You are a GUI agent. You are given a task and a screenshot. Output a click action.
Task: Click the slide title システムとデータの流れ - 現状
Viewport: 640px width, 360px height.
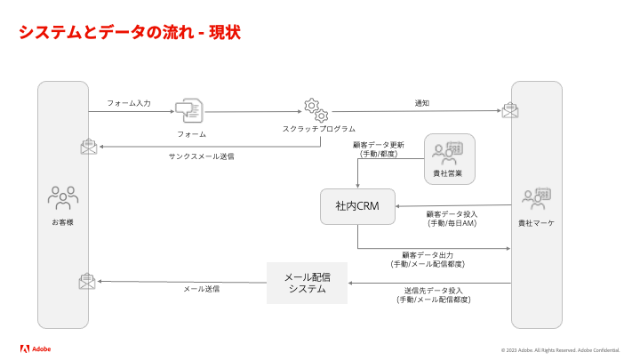click(x=130, y=33)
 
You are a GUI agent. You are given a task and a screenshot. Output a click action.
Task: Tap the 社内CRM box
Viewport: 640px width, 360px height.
click(x=357, y=206)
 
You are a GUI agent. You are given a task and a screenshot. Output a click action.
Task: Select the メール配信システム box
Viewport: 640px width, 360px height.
click(x=307, y=283)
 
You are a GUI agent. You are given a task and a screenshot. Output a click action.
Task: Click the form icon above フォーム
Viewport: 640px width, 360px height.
click(x=188, y=111)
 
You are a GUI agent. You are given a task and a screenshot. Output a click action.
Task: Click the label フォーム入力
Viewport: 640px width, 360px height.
click(x=129, y=103)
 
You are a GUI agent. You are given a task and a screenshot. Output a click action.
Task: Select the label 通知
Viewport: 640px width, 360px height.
click(x=422, y=103)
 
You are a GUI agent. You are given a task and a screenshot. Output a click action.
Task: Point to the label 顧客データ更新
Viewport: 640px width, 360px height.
click(x=379, y=145)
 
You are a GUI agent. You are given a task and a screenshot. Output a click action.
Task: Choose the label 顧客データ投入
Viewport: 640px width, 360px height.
click(x=452, y=214)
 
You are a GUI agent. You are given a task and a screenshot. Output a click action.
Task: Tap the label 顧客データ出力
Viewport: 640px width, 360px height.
click(x=428, y=255)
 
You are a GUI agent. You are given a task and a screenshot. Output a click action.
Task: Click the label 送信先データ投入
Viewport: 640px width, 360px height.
click(x=434, y=291)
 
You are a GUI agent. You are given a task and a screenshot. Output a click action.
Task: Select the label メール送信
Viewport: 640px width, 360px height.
click(x=202, y=289)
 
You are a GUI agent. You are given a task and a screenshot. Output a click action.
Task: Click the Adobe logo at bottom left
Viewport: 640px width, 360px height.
click(x=36, y=348)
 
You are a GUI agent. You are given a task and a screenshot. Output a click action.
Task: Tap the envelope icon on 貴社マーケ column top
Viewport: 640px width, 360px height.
click(x=510, y=110)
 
